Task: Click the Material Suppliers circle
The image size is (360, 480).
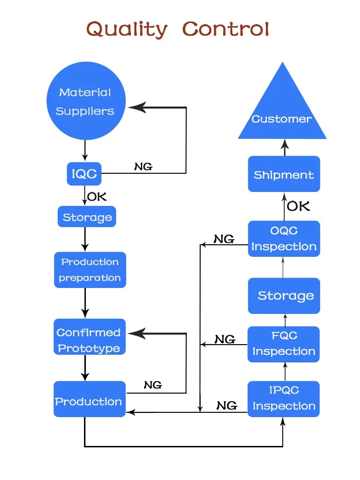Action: (x=85, y=101)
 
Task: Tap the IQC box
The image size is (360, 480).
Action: (x=84, y=174)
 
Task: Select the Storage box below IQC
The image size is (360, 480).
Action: (x=87, y=217)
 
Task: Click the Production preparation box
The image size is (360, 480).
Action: (x=90, y=270)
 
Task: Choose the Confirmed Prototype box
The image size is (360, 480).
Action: (x=89, y=340)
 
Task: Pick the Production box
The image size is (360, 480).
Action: (x=89, y=401)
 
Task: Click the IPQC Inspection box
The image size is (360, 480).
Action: (x=284, y=399)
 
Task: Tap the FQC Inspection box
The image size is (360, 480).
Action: (x=284, y=344)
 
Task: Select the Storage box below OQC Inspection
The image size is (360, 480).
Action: (x=284, y=296)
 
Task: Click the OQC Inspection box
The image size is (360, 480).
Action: (x=284, y=239)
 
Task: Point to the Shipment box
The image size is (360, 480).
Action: (x=284, y=174)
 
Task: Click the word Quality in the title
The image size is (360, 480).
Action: (x=127, y=30)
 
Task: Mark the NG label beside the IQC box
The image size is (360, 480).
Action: (x=143, y=167)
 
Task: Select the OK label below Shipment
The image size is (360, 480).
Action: (x=298, y=206)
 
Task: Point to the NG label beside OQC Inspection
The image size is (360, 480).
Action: (x=224, y=239)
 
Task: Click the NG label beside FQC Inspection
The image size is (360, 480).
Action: (x=224, y=339)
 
